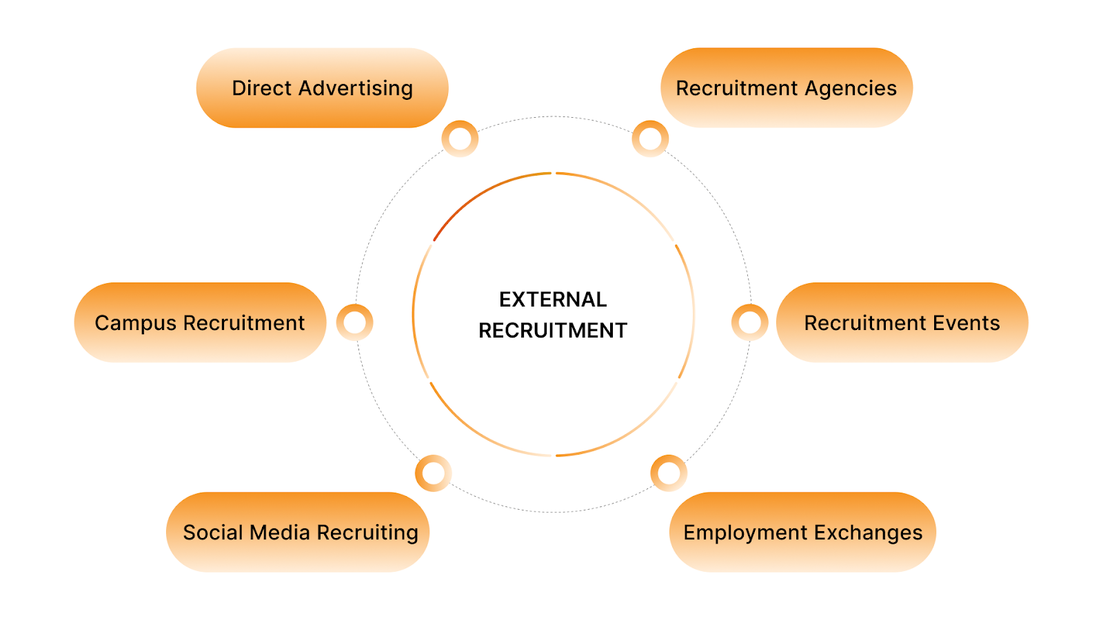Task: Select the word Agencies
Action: click(x=851, y=89)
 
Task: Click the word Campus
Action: click(x=135, y=324)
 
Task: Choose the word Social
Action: click(x=212, y=533)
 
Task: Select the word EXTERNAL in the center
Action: click(x=553, y=300)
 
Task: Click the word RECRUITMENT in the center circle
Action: click(x=553, y=331)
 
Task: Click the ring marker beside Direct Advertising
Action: click(x=460, y=139)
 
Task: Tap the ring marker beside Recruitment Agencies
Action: click(x=650, y=139)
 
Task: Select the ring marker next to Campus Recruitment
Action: click(x=355, y=322)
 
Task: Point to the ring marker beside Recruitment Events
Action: click(x=750, y=322)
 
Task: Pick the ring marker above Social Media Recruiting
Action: click(x=434, y=473)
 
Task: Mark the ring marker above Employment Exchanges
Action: click(x=669, y=473)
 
